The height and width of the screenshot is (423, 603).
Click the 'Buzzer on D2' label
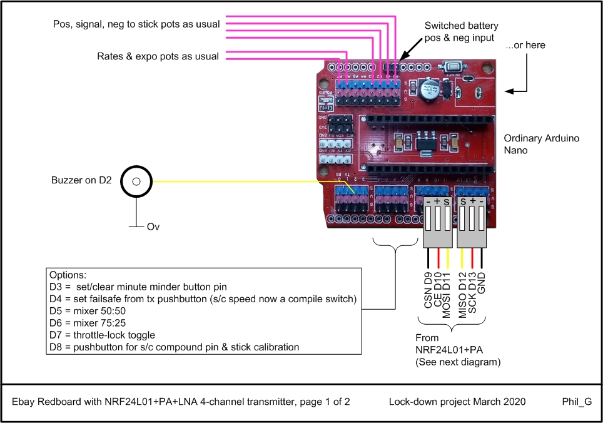[81, 181]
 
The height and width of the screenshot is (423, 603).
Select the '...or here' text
[525, 45]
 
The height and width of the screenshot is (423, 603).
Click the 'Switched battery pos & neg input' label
[461, 32]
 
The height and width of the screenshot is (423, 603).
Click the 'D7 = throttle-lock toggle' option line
[101, 335]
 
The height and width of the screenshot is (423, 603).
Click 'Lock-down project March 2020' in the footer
[457, 402]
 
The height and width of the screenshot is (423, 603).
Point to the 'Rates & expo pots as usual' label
[158, 56]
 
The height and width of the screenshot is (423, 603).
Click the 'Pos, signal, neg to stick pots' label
[136, 24]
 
